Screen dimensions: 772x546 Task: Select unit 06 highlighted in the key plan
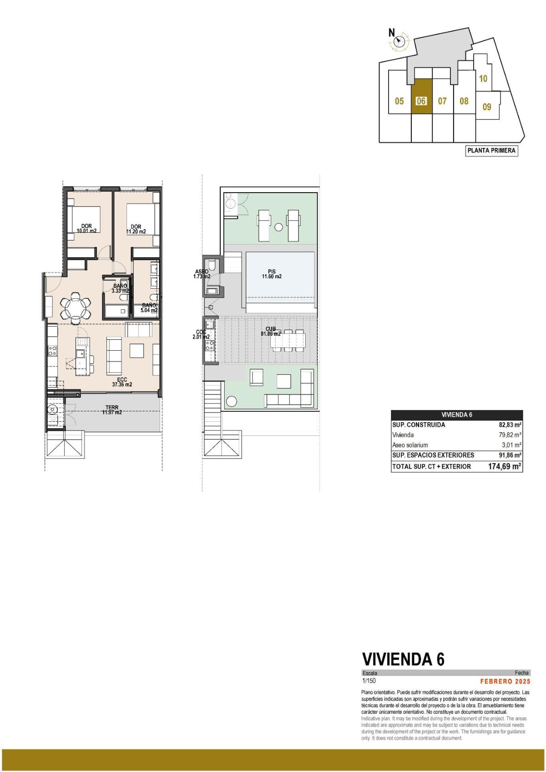(x=421, y=101)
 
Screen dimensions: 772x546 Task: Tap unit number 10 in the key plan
(x=483, y=78)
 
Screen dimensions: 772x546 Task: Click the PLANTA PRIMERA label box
(x=491, y=150)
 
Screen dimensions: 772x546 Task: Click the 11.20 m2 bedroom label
(x=136, y=229)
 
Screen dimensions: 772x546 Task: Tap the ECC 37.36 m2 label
(x=122, y=382)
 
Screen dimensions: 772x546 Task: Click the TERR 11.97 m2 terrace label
(x=111, y=410)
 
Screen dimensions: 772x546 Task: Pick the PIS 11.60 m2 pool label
(x=272, y=274)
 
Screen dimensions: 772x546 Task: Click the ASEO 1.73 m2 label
(x=201, y=274)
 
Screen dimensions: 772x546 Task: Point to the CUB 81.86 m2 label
(x=271, y=331)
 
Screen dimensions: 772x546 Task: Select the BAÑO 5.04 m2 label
(x=149, y=308)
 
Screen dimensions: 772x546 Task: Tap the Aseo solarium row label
(x=410, y=445)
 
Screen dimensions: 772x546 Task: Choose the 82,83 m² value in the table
(x=510, y=424)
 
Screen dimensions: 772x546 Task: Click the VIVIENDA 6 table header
(x=456, y=414)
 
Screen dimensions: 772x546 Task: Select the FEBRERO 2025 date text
(x=505, y=681)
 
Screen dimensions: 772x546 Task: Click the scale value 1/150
(x=369, y=681)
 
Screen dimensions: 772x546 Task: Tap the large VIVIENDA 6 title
(x=403, y=659)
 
